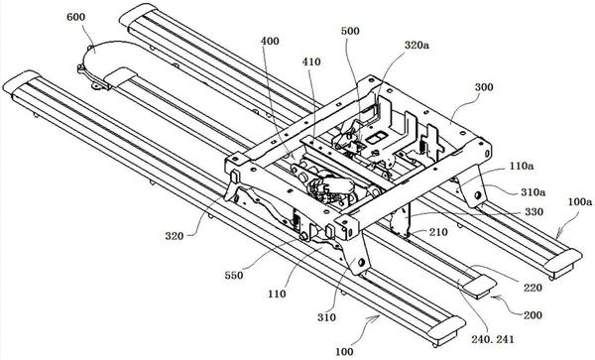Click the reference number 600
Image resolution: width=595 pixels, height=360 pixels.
pyautogui.click(x=76, y=17)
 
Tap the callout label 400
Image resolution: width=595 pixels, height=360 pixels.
pyautogui.click(x=270, y=41)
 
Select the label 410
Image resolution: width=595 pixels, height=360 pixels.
pyautogui.click(x=311, y=61)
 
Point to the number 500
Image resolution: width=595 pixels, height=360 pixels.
pyautogui.click(x=350, y=31)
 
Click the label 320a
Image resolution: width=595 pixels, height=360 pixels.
pyautogui.click(x=417, y=46)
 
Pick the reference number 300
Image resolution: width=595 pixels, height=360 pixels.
pyautogui.click(x=484, y=87)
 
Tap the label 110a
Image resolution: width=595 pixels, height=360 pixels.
pyautogui.click(x=522, y=166)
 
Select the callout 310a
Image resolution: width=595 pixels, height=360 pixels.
pyautogui.click(x=534, y=192)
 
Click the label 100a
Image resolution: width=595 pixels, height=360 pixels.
pyautogui.click(x=580, y=201)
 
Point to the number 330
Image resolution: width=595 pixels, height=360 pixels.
pyautogui.click(x=534, y=211)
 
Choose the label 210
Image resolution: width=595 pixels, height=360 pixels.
pyautogui.click(x=438, y=232)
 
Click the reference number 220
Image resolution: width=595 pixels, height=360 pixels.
pyautogui.click(x=533, y=288)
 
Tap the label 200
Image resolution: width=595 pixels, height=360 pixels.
pyautogui.click(x=533, y=315)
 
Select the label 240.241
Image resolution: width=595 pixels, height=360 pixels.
pyautogui.click(x=493, y=339)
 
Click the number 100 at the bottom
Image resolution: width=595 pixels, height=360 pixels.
pyautogui.click(x=344, y=352)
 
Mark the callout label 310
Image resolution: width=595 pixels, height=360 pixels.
pyautogui.click(x=326, y=317)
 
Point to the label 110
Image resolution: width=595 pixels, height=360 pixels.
pyautogui.click(x=277, y=294)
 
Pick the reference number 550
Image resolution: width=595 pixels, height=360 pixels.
pyautogui.click(x=233, y=275)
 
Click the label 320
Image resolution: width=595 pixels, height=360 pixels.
pyautogui.click(x=175, y=236)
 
